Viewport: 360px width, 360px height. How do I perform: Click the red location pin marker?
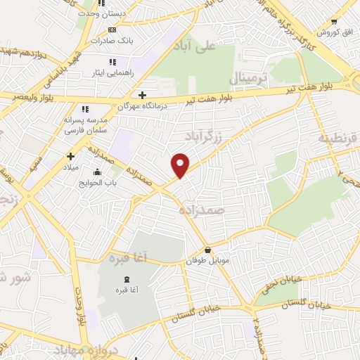pos(181,165)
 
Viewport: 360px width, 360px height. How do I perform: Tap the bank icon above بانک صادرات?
pos(112,30)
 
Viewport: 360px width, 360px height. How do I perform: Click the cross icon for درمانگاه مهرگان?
pos(143,94)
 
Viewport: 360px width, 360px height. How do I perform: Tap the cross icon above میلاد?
pos(70,156)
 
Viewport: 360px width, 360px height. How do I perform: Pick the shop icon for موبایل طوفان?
pos(207,250)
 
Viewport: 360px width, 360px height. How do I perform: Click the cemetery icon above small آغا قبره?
pos(127,280)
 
